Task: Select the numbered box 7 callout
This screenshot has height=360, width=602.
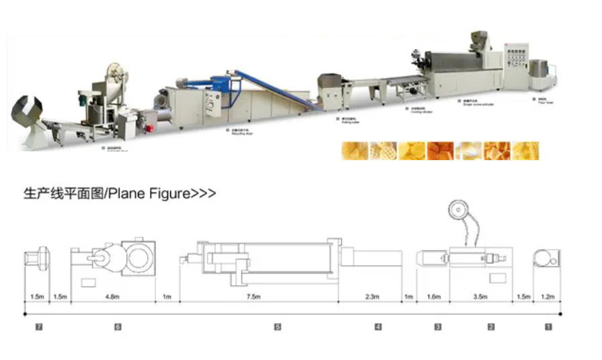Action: click(x=39, y=326)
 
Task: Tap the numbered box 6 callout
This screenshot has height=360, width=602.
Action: click(x=118, y=326)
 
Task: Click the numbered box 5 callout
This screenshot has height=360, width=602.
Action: click(x=277, y=326)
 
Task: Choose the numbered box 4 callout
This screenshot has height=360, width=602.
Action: click(x=378, y=326)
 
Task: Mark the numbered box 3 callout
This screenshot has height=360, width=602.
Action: click(x=438, y=326)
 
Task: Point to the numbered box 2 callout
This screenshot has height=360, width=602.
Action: click(x=491, y=326)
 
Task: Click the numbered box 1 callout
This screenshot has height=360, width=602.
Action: click(x=548, y=326)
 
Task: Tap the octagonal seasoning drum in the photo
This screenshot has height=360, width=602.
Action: click(x=29, y=114)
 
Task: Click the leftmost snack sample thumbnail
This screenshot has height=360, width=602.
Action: click(x=355, y=150)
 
